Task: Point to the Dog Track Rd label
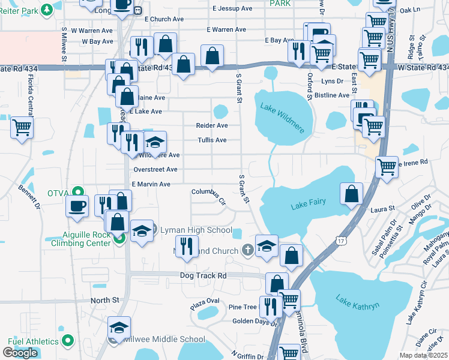pyautogui.click(x=203, y=275)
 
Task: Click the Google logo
pyautogui.click(x=20, y=353)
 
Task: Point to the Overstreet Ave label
pyautogui.click(x=155, y=170)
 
